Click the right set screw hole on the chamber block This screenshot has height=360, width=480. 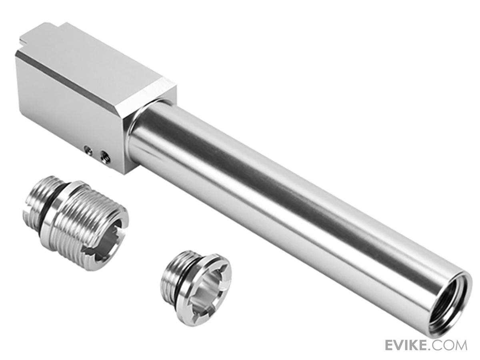105,156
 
